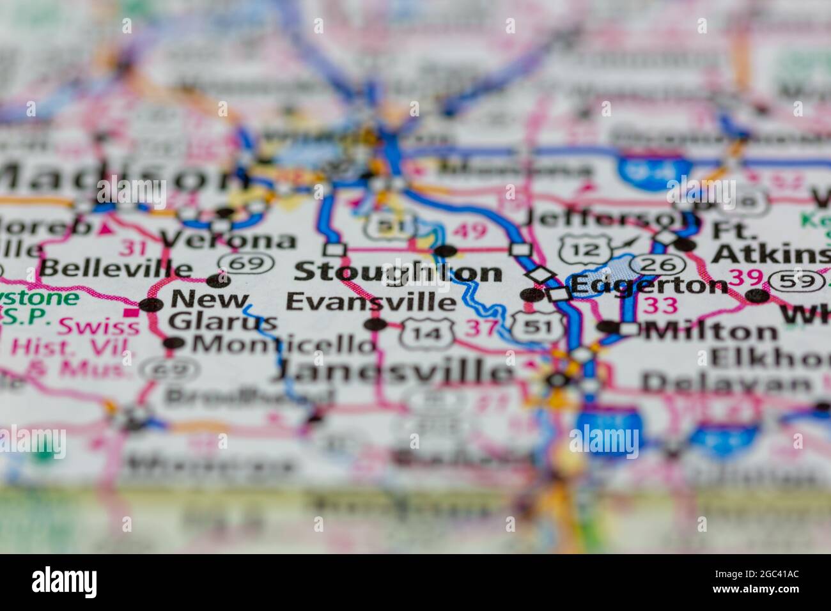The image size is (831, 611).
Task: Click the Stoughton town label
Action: (x=398, y=272)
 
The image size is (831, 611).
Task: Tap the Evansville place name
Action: (x=371, y=301)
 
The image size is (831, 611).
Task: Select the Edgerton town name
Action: (x=648, y=286)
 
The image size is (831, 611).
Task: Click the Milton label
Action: (x=711, y=330)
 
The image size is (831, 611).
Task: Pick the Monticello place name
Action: (x=285, y=344)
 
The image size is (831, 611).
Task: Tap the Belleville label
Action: (x=116, y=269)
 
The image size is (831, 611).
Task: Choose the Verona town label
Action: (x=228, y=240)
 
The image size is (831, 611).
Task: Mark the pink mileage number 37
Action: (x=481, y=328)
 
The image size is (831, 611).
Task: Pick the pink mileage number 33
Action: (x=660, y=305)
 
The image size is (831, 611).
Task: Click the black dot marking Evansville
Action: (x=375, y=325)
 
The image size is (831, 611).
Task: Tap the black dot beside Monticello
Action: (x=174, y=344)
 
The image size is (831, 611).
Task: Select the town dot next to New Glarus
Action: (x=151, y=305)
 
